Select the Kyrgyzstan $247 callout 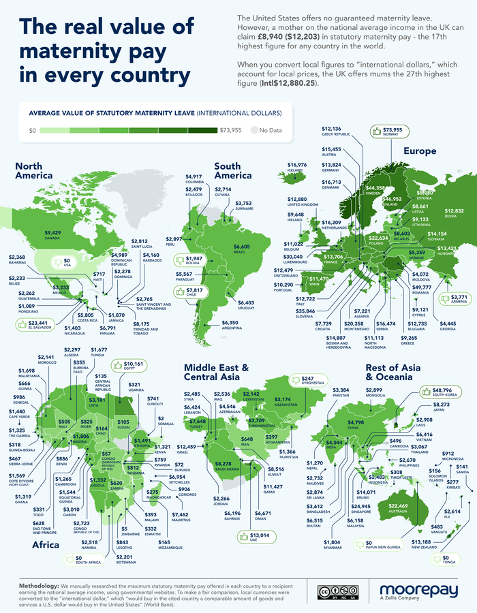[306, 380]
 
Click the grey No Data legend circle [254, 129]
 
